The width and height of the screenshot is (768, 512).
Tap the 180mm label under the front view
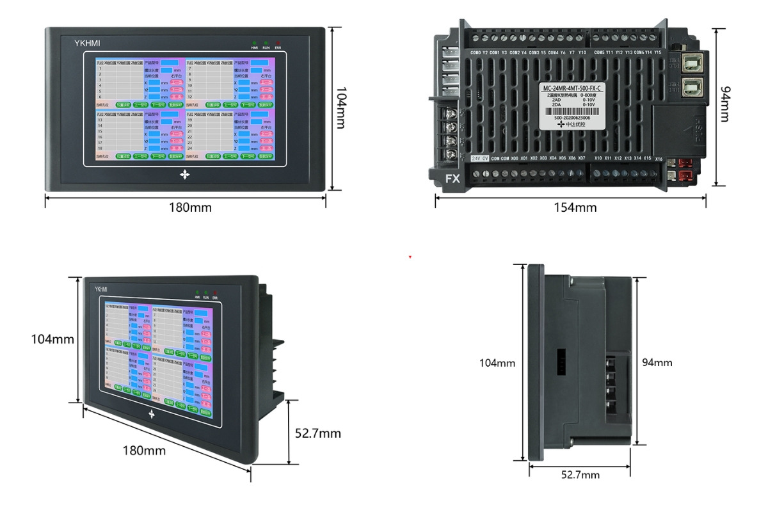click(190, 207)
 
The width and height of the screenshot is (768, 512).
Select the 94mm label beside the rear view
click(724, 106)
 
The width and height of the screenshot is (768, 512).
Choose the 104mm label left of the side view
click(497, 363)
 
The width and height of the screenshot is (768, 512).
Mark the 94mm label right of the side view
click(657, 362)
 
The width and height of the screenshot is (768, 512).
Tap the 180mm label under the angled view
click(144, 450)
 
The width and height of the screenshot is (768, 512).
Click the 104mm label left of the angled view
click(52, 339)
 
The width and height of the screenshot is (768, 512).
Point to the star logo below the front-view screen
click(185, 174)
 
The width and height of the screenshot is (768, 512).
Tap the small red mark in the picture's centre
click(410, 257)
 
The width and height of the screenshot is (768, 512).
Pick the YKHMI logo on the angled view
click(102, 289)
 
